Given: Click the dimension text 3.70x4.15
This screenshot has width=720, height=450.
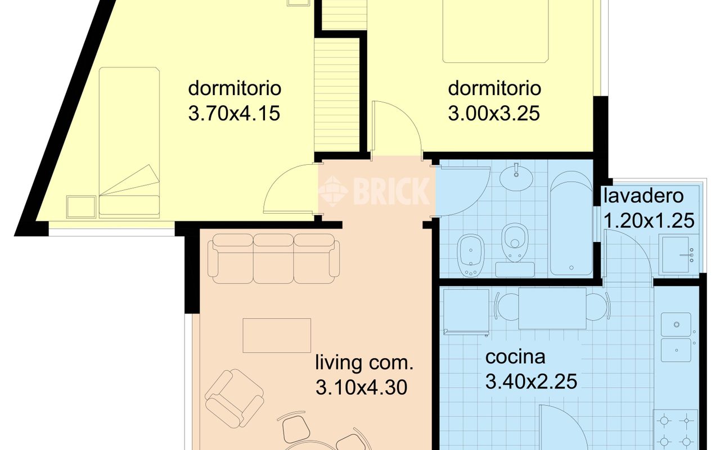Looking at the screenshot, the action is coord(234,114).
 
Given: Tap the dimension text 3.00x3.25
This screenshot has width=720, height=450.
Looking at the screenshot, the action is coord(494,114).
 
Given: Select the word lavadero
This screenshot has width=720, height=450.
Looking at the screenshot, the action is coord(643,196).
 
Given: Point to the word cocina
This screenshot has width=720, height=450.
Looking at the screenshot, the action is coord(515,357).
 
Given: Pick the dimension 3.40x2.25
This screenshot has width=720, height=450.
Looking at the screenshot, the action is coord(532,381).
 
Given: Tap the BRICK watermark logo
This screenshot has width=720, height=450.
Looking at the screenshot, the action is coord(374,191).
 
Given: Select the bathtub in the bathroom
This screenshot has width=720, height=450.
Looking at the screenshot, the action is coord(571,223).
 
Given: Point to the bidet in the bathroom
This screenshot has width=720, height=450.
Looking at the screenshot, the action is coord(471,255).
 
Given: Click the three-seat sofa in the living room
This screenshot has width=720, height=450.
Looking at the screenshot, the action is coord(273,259).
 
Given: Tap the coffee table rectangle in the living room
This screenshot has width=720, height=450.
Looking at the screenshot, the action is coord(277,336).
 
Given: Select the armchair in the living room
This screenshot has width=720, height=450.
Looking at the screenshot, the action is coord(235,399).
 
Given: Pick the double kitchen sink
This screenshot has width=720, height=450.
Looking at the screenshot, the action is coord(676,337).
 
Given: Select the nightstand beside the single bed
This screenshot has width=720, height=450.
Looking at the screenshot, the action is coord(81,207).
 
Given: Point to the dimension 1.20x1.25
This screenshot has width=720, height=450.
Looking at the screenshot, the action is coord(649,221).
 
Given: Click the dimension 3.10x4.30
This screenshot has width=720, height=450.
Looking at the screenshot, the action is coord(361,388).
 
